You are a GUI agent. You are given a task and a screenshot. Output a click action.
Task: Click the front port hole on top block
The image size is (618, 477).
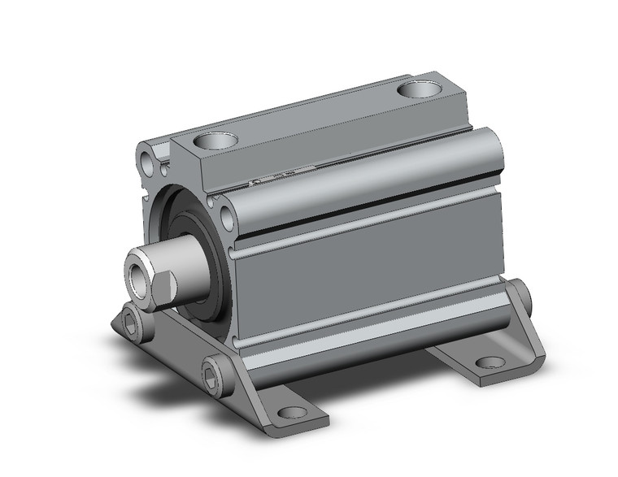[x=216, y=141]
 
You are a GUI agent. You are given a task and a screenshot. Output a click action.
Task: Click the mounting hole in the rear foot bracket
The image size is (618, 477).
[x=490, y=362]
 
